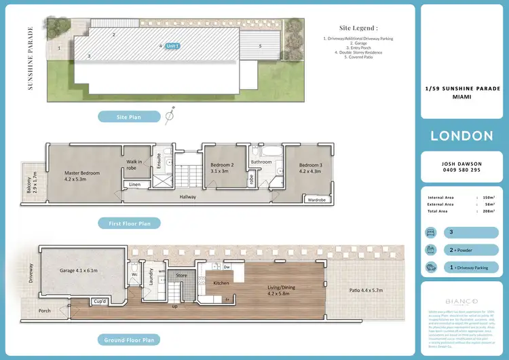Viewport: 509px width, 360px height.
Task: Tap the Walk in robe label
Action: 134,164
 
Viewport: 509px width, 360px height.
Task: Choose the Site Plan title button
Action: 128,117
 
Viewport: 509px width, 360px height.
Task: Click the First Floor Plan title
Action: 134,222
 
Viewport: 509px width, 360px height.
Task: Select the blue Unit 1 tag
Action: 172,46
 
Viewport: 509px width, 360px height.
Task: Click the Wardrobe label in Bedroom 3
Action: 316,200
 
